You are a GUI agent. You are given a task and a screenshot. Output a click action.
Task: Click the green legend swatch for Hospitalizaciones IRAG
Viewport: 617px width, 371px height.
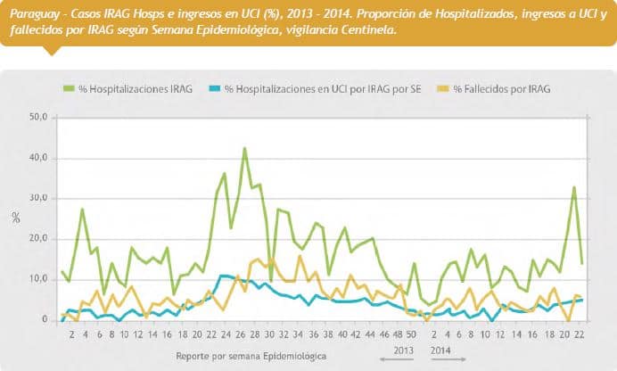68,89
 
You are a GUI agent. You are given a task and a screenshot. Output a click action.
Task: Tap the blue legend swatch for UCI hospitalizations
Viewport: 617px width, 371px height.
213,89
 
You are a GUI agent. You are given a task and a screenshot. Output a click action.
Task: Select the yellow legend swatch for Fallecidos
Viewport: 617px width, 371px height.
442,89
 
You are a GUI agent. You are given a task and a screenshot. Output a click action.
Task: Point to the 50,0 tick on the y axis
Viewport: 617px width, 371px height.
38,118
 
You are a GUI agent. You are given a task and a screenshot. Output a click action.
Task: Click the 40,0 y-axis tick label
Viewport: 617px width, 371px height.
38,158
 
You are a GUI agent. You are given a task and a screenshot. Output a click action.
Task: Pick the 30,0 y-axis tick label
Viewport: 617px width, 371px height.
38,198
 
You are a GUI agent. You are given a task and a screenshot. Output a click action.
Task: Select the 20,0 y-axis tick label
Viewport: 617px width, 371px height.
38,239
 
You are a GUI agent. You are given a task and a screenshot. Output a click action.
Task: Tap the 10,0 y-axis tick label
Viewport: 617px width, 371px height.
38,279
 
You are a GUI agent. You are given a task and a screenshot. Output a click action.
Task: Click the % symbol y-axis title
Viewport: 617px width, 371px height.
15,218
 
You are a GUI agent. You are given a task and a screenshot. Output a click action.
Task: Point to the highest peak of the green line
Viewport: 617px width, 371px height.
244,148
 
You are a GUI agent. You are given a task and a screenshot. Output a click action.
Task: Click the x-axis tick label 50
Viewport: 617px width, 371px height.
411,336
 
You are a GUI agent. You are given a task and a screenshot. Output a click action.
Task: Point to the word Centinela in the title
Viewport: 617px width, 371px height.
366,29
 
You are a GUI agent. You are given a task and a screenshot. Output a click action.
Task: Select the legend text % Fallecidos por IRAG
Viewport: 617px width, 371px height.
502,89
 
